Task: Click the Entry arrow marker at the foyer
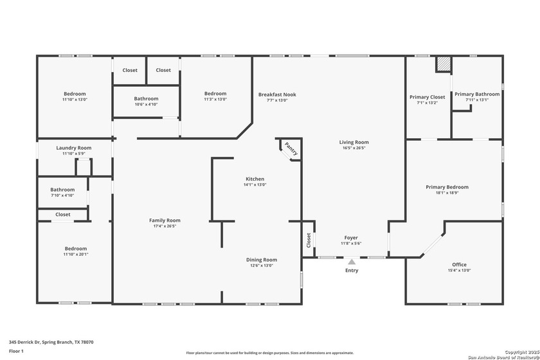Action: point(351,262)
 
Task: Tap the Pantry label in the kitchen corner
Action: point(290,149)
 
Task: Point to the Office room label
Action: point(459,264)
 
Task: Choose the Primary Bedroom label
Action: point(447,187)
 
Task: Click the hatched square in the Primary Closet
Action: point(443,64)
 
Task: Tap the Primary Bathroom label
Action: point(477,94)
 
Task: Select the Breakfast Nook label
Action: point(277,94)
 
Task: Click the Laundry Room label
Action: point(74,148)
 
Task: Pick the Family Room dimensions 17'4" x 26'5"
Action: point(165,226)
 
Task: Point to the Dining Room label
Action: point(262,260)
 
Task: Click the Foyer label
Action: point(351,238)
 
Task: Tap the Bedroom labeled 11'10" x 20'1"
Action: point(75,249)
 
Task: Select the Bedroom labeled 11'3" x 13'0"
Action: point(215,94)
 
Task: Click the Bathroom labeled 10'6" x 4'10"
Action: point(146,99)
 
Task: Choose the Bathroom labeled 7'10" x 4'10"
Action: point(62,190)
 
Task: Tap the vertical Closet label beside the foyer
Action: point(309,240)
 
